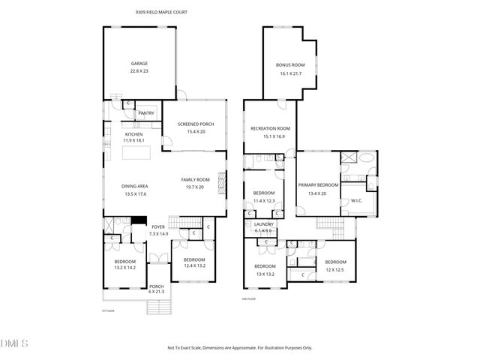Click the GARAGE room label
139,64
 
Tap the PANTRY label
145,113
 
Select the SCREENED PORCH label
196,124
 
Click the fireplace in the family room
220,182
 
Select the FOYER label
158,226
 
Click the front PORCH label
156,286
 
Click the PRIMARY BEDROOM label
318,184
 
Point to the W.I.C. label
356,199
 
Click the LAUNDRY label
264,224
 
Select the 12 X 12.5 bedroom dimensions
335,270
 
